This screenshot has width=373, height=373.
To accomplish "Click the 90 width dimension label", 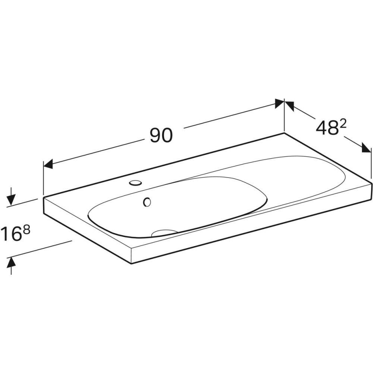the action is [x=161, y=135].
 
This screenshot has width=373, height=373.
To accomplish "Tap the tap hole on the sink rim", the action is [x=135, y=183].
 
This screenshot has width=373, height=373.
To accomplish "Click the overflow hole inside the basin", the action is [x=147, y=202].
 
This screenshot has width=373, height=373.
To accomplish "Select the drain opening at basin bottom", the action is [x=164, y=233].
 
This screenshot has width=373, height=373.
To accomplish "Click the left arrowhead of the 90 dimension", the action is [x=48, y=164].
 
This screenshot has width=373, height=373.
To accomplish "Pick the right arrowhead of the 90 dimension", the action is [x=279, y=103].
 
